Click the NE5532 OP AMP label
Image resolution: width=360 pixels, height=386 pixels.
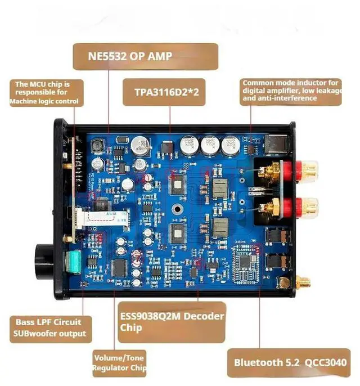pyautogui.click(x=145, y=56)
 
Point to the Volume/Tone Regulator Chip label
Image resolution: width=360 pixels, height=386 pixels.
pyautogui.click(x=119, y=363)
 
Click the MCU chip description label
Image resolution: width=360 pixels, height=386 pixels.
pyautogui.click(x=47, y=93)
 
